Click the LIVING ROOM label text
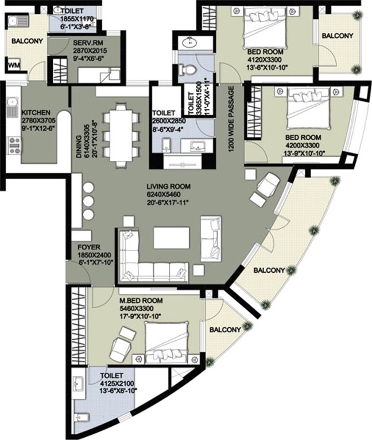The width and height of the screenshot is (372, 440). pyautogui.click(x=168, y=186)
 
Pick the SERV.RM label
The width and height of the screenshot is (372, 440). pyautogui.click(x=87, y=43)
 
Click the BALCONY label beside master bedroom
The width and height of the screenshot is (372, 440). pyautogui.click(x=225, y=330)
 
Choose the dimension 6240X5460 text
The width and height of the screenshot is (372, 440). pyautogui.click(x=168, y=194)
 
